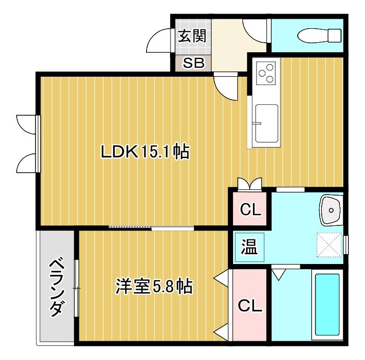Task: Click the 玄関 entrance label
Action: coord(192,36)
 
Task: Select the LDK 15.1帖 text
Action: coord(144,152)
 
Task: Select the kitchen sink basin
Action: coord(267,123)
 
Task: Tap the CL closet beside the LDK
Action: coord(249,210)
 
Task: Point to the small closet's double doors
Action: coord(249,183)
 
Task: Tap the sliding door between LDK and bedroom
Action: coord(151,227)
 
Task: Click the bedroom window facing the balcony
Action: coord(77,287)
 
